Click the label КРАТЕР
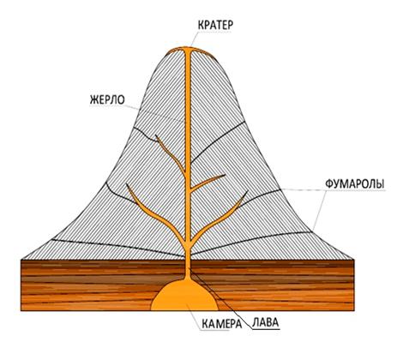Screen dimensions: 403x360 [215, 25]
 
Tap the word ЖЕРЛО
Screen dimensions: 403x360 [107, 99]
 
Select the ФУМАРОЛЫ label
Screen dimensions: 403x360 [355, 184]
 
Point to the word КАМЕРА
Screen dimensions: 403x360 [222, 324]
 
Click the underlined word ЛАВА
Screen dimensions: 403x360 [265, 322]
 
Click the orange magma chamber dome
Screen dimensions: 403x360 [184, 297]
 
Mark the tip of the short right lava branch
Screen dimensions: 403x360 [226, 175]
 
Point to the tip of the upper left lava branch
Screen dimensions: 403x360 [156, 135]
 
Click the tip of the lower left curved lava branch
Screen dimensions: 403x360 [127, 184]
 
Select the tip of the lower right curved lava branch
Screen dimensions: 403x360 [247, 190]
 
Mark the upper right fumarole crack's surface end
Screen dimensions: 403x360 [245, 122]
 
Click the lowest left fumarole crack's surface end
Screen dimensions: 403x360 [51, 239]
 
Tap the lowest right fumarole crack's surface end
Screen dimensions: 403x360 [312, 231]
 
